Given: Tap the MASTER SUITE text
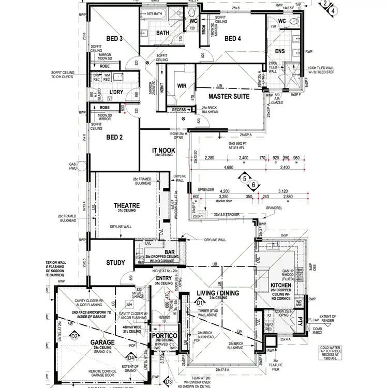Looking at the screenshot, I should pyautogui.click(x=229, y=96).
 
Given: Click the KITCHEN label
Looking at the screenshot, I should pyautogui.click(x=281, y=286).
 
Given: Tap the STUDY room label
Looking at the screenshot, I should pyautogui.click(x=115, y=263).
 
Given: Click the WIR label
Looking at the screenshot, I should pyautogui.click(x=181, y=85).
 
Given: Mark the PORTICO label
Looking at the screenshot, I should pyautogui.click(x=165, y=335).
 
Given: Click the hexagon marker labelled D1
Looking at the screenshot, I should pyautogui.click(x=200, y=302).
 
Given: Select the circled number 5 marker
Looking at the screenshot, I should pyautogui.click(x=244, y=179).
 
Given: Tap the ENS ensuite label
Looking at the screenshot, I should pyautogui.click(x=280, y=51).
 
